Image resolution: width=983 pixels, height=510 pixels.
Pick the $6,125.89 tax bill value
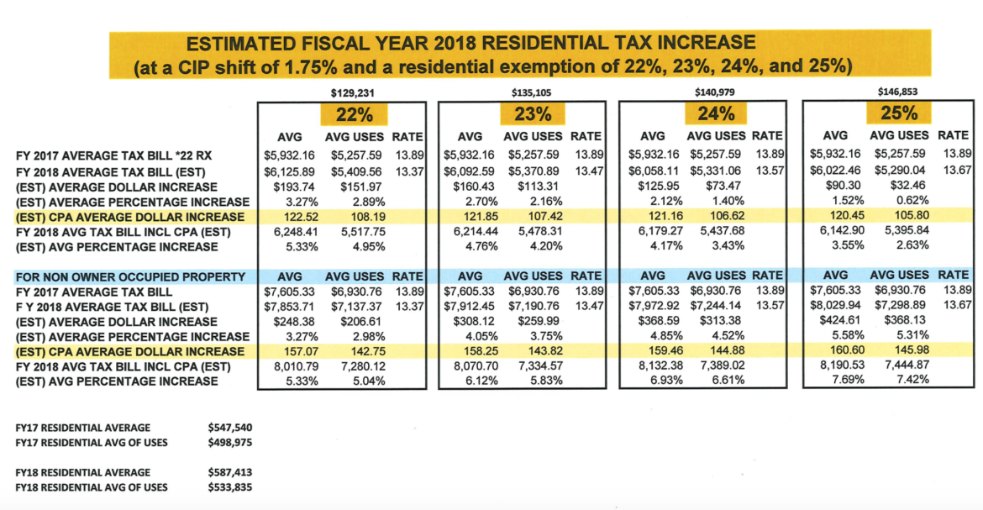(286, 171)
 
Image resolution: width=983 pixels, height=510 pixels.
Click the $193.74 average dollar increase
(288, 187)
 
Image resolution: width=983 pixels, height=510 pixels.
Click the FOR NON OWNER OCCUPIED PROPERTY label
(130, 276)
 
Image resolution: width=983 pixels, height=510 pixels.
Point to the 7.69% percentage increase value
(832, 381)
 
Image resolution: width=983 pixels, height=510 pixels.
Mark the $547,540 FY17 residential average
(229, 427)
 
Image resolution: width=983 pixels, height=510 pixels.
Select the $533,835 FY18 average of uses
(229, 486)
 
